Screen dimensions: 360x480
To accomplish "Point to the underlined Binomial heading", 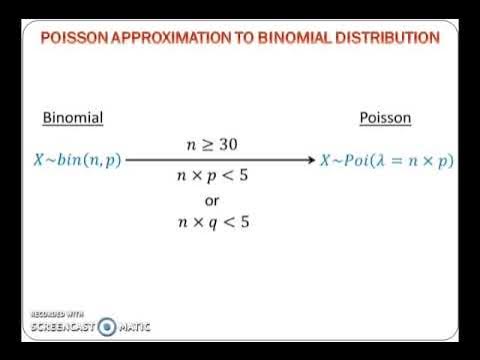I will coord(73,119).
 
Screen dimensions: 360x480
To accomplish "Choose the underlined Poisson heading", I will coord(385,119).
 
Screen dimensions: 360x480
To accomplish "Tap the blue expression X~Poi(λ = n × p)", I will coord(385,159).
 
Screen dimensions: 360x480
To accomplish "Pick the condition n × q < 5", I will coord(212,221).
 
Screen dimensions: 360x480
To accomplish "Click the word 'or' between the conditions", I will coord(212,200).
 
